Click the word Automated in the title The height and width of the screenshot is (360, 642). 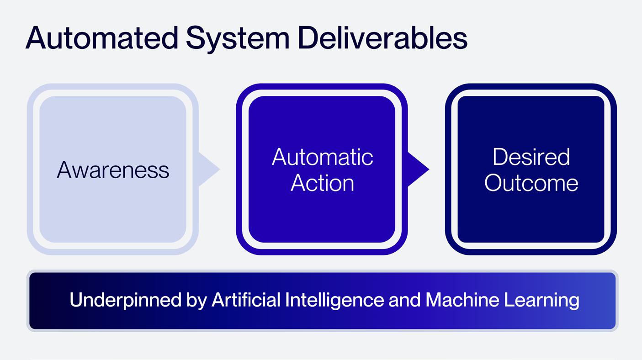click(102, 38)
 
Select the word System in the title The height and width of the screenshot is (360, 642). click(238, 40)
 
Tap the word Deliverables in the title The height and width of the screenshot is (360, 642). click(383, 37)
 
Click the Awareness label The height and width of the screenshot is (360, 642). click(113, 170)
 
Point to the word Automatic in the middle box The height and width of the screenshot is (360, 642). click(323, 157)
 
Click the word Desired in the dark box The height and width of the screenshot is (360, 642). click(531, 157)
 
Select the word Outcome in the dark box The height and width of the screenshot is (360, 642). click(531, 183)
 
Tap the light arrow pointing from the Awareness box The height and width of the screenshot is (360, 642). click(209, 169)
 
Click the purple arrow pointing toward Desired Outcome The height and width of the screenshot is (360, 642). click(418, 169)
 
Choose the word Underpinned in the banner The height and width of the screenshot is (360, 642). click(126, 301)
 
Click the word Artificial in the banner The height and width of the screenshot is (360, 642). click(246, 300)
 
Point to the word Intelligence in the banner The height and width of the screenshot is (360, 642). click(334, 301)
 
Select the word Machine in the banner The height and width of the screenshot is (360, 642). click(462, 300)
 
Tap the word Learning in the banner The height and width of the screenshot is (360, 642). click(541, 301)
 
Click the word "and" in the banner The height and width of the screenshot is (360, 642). click(405, 300)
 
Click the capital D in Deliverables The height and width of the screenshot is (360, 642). click(309, 38)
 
